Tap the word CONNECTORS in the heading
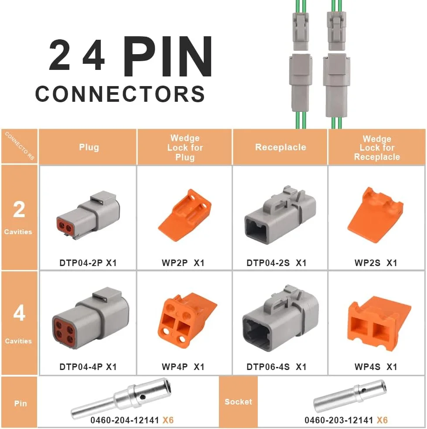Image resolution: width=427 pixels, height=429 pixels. (120, 94)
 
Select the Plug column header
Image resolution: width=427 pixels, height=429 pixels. (89, 147)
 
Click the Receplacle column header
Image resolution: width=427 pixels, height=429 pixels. (280, 147)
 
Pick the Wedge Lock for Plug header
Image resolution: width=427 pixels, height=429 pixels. (185, 148)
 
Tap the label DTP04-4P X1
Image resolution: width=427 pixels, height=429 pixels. (88, 367)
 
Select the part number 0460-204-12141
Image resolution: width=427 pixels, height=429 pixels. (125, 420)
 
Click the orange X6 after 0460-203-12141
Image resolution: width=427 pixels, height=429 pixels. (382, 420)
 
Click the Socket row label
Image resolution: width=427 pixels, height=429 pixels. (238, 401)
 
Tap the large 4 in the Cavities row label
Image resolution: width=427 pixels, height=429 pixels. (19, 314)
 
